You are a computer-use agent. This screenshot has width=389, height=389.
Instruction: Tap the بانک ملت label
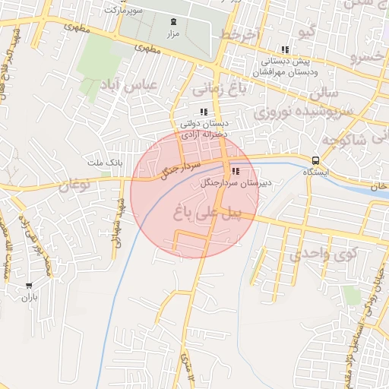pos(105,163)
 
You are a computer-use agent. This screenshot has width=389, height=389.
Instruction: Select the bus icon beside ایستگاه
pos(315,160)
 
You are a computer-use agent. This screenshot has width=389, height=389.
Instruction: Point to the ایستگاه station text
pos(315,172)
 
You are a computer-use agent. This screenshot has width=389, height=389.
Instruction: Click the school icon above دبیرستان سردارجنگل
pos(235,172)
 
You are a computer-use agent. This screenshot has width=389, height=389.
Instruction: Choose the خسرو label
pos(371,56)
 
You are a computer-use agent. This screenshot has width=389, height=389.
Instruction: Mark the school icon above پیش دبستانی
pos(285,49)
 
